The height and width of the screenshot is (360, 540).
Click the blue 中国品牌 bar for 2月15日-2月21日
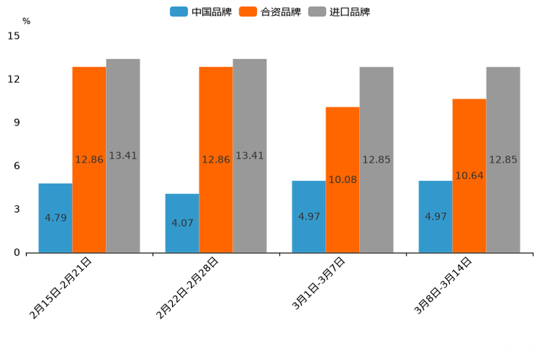tap(55, 218)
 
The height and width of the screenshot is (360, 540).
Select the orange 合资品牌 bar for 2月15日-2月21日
tap(89, 160)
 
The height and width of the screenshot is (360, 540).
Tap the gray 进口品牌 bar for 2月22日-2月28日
tap(250, 155)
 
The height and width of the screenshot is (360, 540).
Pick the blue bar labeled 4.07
tap(182, 223)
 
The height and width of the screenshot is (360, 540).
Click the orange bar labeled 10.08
tap(343, 179)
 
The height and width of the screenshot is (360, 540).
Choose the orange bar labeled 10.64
tap(469, 176)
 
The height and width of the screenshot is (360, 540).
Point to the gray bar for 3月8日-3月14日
tap(503, 160)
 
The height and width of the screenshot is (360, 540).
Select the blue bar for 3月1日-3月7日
tap(308, 216)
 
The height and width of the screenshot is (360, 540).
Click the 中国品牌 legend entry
tap(201, 12)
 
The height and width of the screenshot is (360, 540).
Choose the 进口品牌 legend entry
tap(339, 12)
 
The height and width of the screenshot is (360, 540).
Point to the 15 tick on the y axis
tap(14, 36)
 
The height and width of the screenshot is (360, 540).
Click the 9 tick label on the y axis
tap(17, 123)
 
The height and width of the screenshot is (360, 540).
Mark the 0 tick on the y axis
tap(17, 253)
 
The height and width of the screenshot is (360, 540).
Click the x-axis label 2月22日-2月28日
tap(187, 288)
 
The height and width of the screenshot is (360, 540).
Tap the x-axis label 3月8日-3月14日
tap(443, 285)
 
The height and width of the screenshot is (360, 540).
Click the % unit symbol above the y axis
tap(26, 21)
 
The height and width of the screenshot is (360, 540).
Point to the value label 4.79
tap(56, 218)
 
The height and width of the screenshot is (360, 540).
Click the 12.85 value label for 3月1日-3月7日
tap(376, 160)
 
